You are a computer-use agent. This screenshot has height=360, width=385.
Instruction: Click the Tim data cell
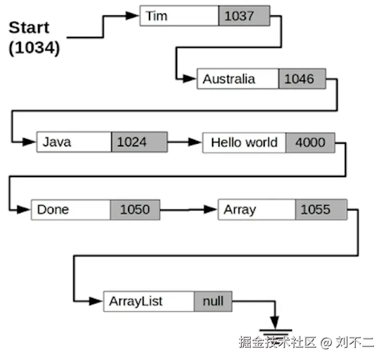pos(179,16)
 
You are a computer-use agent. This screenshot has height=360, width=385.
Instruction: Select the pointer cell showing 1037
pos(244,16)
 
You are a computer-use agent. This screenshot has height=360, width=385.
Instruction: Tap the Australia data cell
pos(238,79)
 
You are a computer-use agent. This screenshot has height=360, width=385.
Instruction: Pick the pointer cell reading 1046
pos(302,79)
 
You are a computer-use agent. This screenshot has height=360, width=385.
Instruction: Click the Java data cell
pos(74,142)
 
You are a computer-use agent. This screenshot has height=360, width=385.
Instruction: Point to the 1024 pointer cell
pos(139,142)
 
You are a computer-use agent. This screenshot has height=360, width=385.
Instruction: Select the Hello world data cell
pos(244,142)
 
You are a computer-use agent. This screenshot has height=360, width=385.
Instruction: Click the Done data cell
pos(70,209)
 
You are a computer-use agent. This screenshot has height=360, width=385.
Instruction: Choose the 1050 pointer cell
pos(135,209)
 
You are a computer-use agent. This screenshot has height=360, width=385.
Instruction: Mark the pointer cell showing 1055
pos(320,209)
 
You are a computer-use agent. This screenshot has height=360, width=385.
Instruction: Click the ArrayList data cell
pos(149,301)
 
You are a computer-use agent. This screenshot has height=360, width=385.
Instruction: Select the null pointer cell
pos(213,301)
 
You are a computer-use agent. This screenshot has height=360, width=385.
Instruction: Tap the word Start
pos(29,28)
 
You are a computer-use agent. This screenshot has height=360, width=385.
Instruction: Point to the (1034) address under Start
pos(34,48)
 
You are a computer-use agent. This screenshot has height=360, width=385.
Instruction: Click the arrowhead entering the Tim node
pos(133,16)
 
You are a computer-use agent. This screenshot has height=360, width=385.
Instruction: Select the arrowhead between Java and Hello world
pos(195,142)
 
